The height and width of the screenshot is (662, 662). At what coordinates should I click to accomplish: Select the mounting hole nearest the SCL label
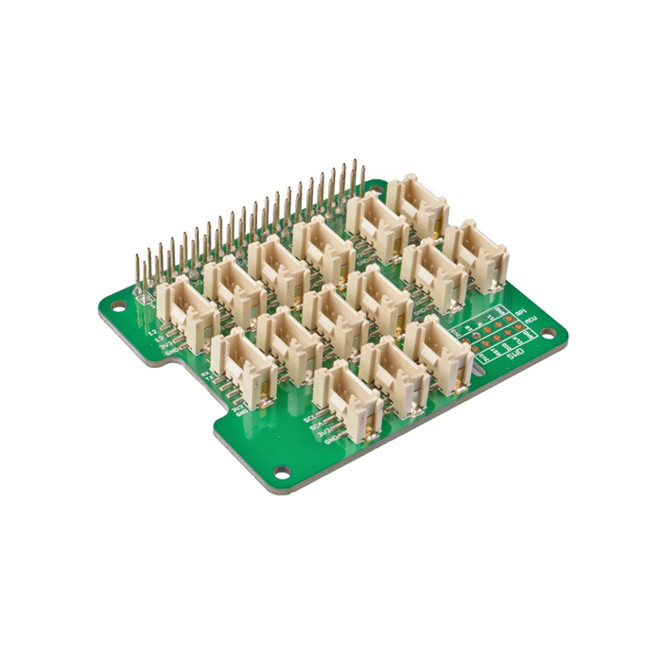pos(281,471)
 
